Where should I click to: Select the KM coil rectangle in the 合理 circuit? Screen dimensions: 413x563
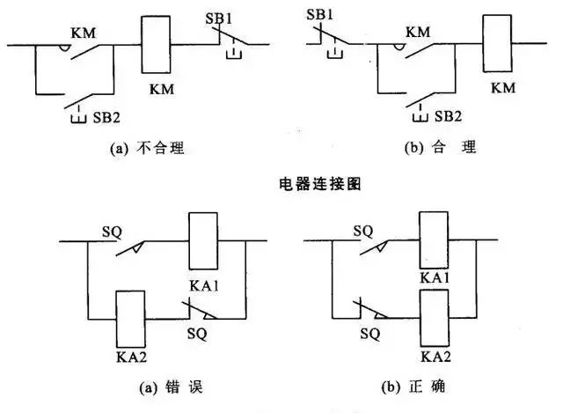[x=497, y=41]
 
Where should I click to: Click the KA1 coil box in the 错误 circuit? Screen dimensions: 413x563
[x=203, y=240]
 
